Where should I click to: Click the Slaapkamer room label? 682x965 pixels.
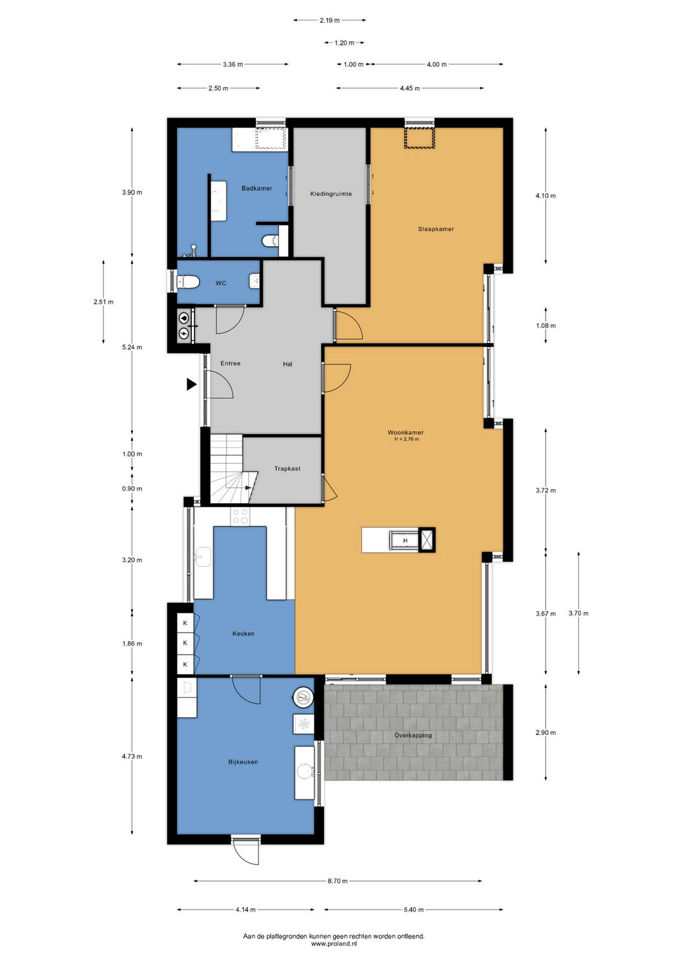pos(436,229)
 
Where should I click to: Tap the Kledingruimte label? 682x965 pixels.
pos(331,194)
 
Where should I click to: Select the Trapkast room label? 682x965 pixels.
pos(287,468)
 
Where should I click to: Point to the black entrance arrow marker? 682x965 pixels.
pos(191,384)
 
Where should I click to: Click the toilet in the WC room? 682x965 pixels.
pos(188,282)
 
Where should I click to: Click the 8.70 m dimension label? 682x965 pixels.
pos(337,878)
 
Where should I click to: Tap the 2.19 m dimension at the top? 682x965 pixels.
pos(330,20)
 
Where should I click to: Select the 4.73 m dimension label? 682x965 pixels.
pos(132,756)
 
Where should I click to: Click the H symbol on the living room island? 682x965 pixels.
pos(405,541)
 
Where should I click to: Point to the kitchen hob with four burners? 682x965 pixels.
pos(240,516)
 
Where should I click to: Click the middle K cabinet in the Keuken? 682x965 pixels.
pos(185,643)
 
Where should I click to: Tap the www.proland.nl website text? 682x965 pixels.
pos(334,943)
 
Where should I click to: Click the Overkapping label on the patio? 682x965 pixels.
pos(413,735)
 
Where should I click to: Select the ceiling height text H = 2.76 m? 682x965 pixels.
pos(407,439)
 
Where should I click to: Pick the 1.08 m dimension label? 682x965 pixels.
pos(546,325)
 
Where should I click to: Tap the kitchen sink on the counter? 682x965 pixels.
pos(202,557)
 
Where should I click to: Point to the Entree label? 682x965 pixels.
pos(230,363)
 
